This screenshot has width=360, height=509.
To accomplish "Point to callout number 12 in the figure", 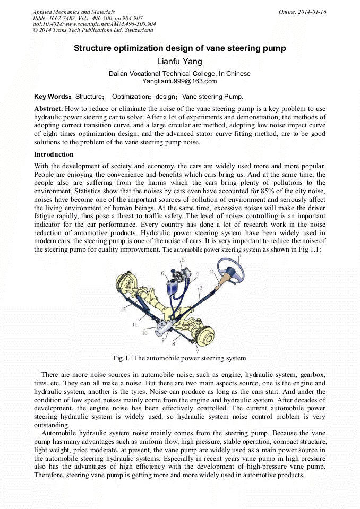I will [122, 308].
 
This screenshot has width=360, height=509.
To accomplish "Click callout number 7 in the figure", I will [198, 351].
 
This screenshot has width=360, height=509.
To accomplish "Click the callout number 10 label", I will [144, 333].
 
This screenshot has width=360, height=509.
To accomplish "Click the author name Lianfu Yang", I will [179, 62].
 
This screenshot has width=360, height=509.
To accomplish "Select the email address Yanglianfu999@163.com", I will [179, 81].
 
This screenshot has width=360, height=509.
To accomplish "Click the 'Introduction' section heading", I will [54, 154].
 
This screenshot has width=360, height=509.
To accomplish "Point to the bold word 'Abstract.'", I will [49, 108].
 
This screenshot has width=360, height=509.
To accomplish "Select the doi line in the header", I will [94, 24].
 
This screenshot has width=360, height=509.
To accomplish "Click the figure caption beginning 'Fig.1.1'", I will [179, 358].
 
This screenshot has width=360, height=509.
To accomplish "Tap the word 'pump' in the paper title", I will [273, 48].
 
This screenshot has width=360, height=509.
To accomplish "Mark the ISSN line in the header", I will [87, 18].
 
